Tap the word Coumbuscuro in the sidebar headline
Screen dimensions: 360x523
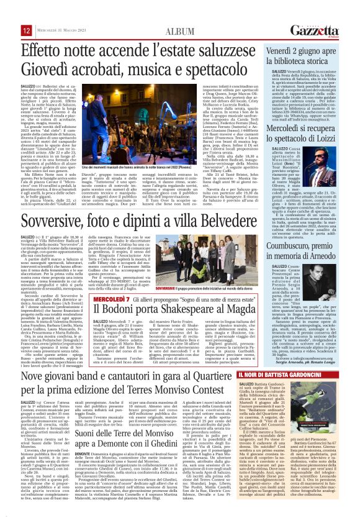[x=281, y=237]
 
